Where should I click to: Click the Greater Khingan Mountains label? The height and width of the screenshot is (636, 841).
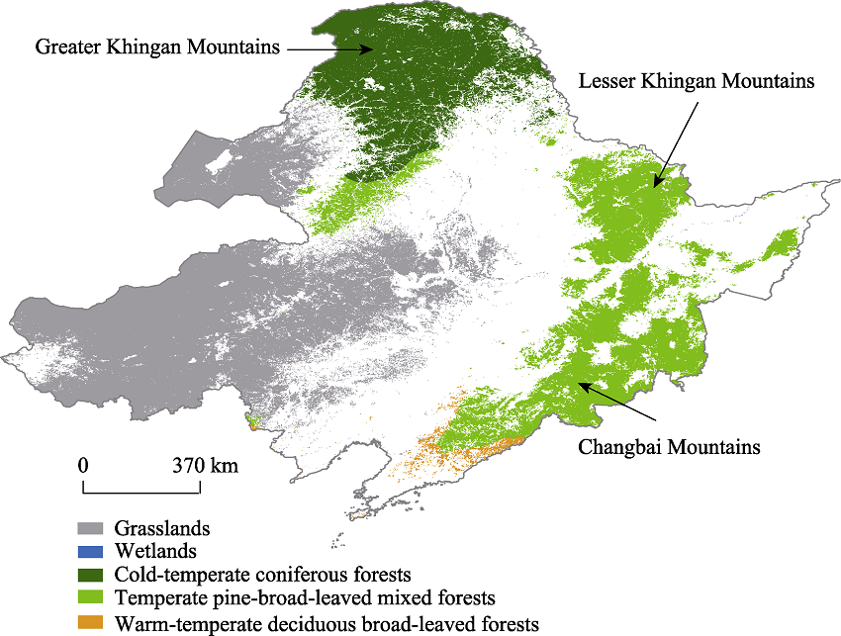point(157,46)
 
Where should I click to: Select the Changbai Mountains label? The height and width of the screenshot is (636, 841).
point(669,447)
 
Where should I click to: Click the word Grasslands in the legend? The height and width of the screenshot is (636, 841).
point(161,529)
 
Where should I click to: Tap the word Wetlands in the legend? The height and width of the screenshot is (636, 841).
point(155,551)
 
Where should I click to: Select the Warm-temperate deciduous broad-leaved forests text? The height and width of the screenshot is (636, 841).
point(327,623)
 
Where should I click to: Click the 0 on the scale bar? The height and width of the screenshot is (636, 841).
point(84,464)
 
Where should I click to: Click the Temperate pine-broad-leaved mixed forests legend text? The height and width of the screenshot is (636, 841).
point(304,599)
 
